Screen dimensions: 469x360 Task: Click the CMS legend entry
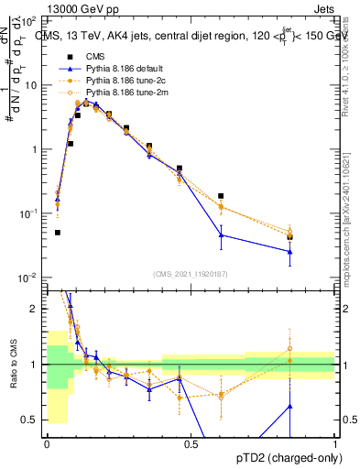[92, 57]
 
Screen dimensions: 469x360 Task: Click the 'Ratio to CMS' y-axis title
[12, 365]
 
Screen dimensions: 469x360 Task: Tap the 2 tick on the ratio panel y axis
[35, 309]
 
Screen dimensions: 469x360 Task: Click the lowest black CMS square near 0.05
[58, 233]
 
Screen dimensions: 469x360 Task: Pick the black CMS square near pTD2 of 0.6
[221, 196]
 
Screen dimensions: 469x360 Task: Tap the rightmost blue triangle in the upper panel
[289, 251]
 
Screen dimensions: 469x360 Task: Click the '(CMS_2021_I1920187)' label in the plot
[191, 273]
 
